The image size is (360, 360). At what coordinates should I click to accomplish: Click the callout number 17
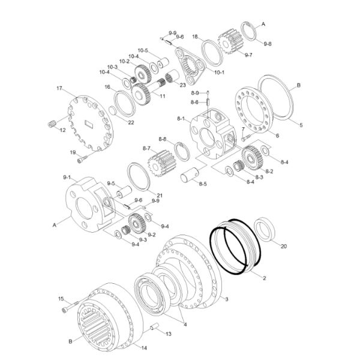pyautogui.click(x=59, y=88)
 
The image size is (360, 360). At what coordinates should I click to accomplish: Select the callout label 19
pyautogui.click(x=73, y=153)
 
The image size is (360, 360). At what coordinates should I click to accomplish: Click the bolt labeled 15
pyautogui.click(x=66, y=309)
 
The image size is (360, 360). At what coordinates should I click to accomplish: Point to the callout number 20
pyautogui.click(x=284, y=245)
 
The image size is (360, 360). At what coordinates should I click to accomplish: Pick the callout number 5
pyautogui.click(x=301, y=124)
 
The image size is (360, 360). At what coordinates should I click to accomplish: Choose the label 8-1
pyautogui.click(x=179, y=119)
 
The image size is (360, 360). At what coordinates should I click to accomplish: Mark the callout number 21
pyautogui.click(x=160, y=195)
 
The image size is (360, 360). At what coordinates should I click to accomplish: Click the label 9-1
pyautogui.click(x=67, y=178)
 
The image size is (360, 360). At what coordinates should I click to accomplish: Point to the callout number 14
pyautogui.click(x=143, y=347)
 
